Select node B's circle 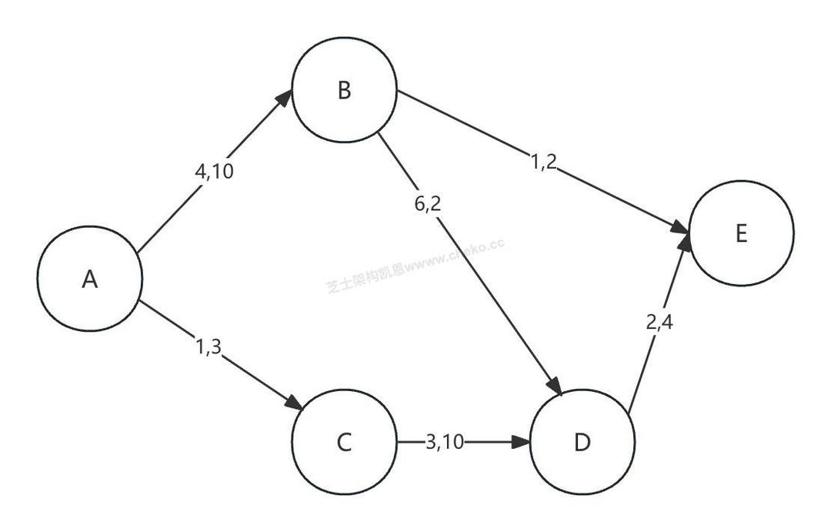click(x=344, y=91)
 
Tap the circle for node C click(x=344, y=442)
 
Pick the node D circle click(x=582, y=442)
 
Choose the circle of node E click(x=741, y=233)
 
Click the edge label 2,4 click(x=659, y=323)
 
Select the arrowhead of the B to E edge click(x=680, y=228)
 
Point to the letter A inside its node click(x=90, y=279)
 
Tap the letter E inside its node click(x=741, y=234)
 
